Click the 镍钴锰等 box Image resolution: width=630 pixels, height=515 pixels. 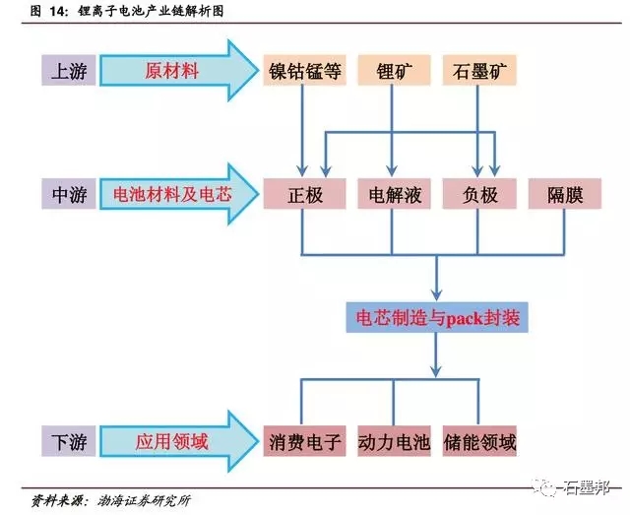click(x=305, y=72)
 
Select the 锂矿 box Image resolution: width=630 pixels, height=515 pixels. click(x=393, y=72)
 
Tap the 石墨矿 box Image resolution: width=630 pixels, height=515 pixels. click(x=478, y=72)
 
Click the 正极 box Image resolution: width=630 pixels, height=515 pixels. click(x=305, y=195)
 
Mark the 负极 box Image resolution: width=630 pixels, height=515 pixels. click(x=479, y=195)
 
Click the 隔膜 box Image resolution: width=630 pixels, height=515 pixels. click(x=565, y=195)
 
